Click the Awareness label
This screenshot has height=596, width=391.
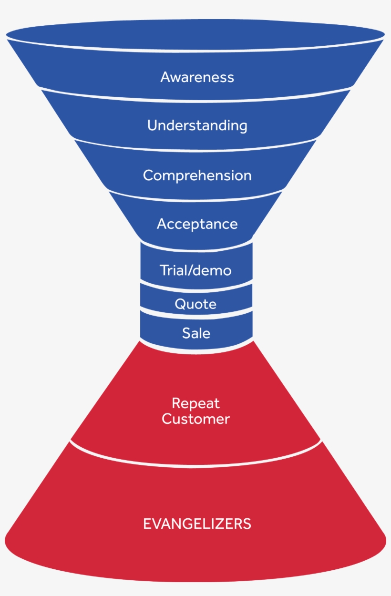(197, 77)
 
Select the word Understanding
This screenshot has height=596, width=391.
(197, 126)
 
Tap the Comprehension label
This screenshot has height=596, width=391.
(197, 175)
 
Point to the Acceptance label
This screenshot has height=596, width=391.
(197, 224)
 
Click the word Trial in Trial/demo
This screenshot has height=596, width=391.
(172, 270)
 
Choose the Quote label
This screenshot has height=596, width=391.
(195, 304)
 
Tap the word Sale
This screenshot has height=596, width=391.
(196, 333)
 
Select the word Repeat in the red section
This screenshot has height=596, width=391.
(195, 403)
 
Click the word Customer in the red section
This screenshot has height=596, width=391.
(195, 419)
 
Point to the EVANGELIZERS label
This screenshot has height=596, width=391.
(197, 524)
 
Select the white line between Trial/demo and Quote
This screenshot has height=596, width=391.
(195, 288)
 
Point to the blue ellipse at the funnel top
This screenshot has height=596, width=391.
(195, 33)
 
